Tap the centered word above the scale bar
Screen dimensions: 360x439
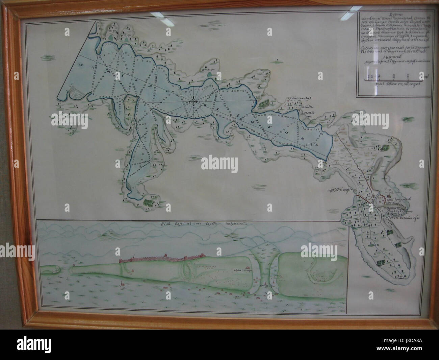[390, 57]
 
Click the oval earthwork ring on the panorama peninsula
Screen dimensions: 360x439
[187, 269]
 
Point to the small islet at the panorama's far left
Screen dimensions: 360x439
[55, 269]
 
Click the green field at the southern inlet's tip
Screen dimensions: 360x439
[148, 203]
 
